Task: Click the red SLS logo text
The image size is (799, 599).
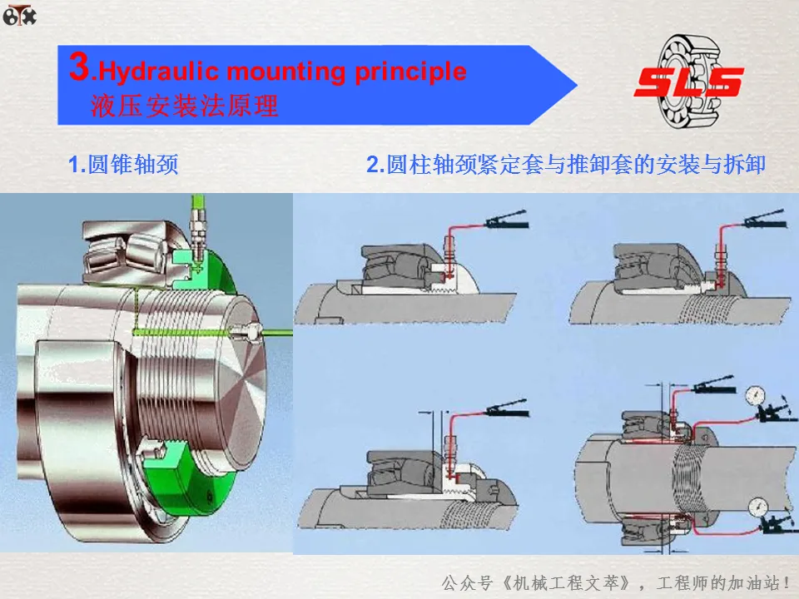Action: click(x=689, y=82)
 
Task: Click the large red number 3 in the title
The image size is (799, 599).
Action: click(x=80, y=66)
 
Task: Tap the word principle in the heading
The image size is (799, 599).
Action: click(x=410, y=72)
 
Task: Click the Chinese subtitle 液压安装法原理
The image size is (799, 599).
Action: click(x=185, y=106)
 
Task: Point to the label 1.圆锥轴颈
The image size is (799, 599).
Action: click(x=123, y=164)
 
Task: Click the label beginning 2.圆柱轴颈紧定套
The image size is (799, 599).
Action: click(x=566, y=164)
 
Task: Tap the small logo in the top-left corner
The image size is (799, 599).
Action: click(x=20, y=15)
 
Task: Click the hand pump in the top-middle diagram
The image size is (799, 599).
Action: click(x=507, y=220)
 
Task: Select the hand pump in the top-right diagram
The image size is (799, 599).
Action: click(x=764, y=219)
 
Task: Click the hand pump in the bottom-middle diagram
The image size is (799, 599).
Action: click(x=508, y=408)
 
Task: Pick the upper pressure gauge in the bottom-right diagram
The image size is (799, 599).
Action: click(x=755, y=395)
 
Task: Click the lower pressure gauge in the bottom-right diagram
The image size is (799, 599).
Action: click(x=759, y=507)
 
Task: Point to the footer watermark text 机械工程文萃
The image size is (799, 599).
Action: click(x=566, y=582)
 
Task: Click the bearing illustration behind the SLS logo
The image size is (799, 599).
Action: click(x=689, y=82)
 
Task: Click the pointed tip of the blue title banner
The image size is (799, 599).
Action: click(x=577, y=85)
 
